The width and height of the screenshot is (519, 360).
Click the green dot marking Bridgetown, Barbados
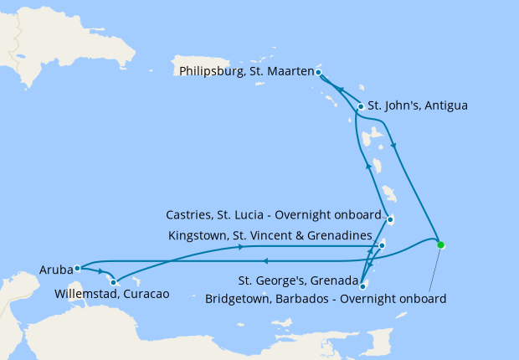click(x=440, y=245)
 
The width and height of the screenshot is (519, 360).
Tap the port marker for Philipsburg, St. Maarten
click(x=319, y=73)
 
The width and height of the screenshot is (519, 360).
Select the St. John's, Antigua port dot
click(x=361, y=106)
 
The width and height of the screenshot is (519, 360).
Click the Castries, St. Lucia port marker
click(x=390, y=220)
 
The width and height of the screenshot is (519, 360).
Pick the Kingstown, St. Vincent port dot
click(x=382, y=245)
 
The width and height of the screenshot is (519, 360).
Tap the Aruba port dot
click(x=76, y=269)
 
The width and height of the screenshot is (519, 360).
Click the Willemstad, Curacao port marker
click(x=113, y=282)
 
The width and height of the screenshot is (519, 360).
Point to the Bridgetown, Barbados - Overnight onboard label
click(x=326, y=298)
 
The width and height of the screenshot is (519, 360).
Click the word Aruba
click(x=55, y=270)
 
